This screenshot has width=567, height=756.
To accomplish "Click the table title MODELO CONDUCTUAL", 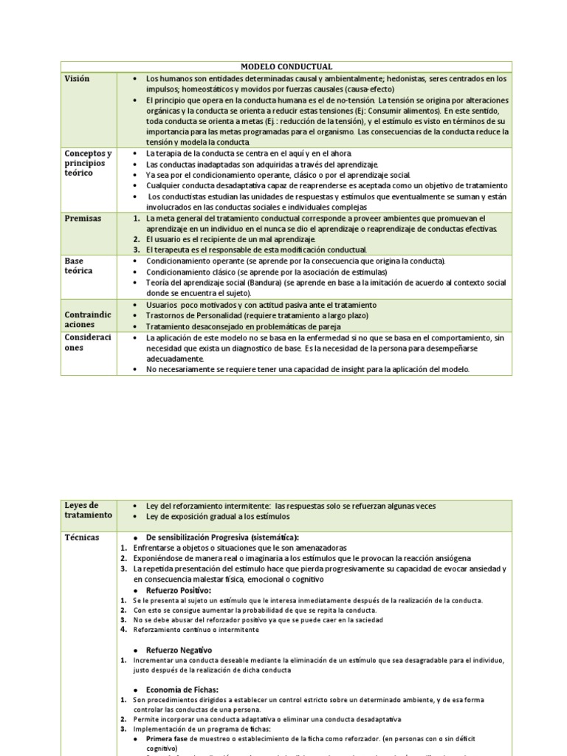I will (x=286, y=66).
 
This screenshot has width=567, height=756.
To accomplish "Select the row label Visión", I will (x=78, y=78).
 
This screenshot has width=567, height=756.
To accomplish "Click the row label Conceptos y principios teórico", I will (x=88, y=162).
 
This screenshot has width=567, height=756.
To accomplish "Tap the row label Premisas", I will (x=82, y=219).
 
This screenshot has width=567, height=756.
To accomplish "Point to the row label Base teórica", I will (x=78, y=266).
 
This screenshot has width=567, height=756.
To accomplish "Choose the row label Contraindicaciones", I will (x=88, y=320).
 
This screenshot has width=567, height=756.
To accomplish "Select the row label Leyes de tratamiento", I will (x=88, y=510).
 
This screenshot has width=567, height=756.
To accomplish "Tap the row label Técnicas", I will (x=81, y=537).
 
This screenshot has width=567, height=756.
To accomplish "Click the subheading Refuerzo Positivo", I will (x=179, y=591).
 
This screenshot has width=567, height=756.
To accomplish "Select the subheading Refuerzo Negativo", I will (x=179, y=650).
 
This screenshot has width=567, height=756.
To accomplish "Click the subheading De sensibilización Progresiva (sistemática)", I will (x=227, y=537).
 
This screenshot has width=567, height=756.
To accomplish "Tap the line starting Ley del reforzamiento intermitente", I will (x=291, y=506).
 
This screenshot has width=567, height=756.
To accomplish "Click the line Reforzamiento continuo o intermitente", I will (x=196, y=630).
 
